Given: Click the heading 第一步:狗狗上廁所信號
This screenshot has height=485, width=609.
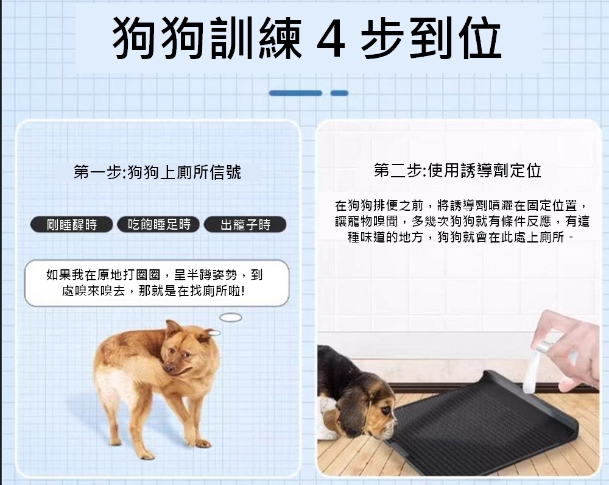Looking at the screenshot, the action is [x=157, y=172].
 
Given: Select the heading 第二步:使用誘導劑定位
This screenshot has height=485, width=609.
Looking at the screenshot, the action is [x=457, y=170].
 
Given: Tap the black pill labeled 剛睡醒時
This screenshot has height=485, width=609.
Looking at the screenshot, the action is [x=71, y=225].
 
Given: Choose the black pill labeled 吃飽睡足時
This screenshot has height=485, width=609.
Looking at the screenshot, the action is [x=159, y=224].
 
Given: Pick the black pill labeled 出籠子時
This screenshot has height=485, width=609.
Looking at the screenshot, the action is [x=245, y=225].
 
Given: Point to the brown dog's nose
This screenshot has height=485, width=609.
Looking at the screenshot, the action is [x=168, y=367].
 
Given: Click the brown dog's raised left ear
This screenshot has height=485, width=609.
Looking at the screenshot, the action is [x=172, y=329].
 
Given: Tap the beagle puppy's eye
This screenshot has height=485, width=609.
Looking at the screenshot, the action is [x=385, y=409].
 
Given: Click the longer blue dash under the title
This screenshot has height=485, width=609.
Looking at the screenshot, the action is [x=295, y=93].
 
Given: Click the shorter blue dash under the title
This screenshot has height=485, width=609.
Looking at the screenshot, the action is [x=339, y=93].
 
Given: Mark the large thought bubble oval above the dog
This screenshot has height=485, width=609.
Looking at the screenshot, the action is [x=231, y=317].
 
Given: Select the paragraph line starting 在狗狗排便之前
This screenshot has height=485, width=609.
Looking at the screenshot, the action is [x=462, y=205].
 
